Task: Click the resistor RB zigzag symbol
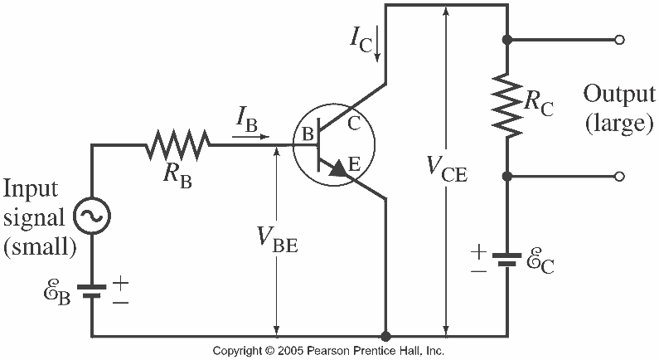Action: coord(177,145)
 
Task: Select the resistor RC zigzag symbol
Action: coord(507,106)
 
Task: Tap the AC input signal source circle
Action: coord(92,216)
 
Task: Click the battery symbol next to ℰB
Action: coord(92,291)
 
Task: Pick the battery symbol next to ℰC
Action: coord(506,260)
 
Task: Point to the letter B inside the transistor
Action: coord(308,134)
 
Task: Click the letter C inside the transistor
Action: coord(354,124)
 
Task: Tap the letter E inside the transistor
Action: coord(354,163)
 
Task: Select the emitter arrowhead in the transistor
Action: coord(340,169)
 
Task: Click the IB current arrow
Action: coord(250,137)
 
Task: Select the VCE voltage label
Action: coord(447,168)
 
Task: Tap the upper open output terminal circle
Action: coord(619,40)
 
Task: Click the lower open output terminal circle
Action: coord(619,176)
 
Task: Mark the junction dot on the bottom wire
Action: coord(385,336)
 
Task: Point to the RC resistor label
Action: coord(539,105)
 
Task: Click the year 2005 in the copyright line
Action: coord(290,351)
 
